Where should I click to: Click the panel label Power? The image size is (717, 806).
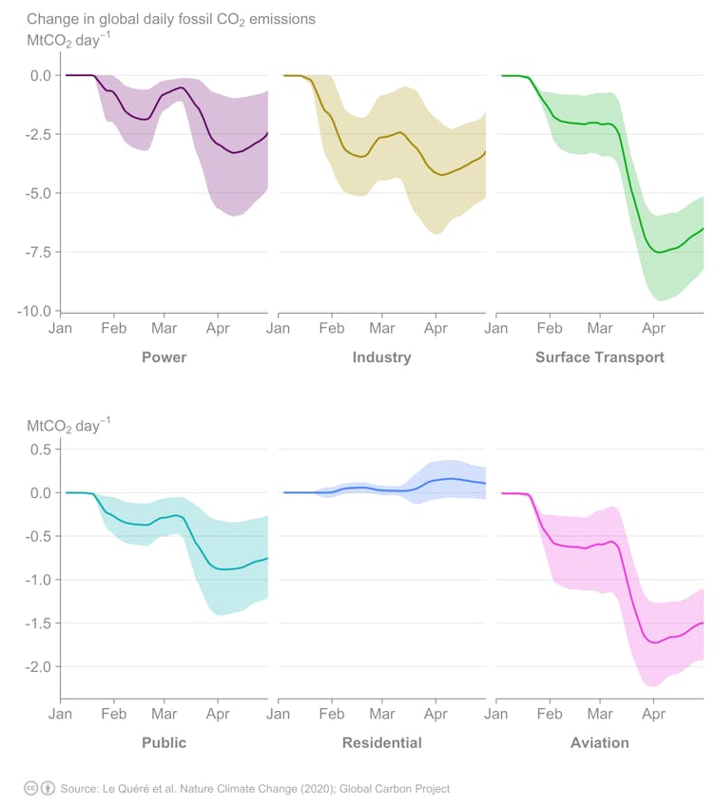click(x=164, y=357)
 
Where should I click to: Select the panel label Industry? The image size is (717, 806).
click(x=381, y=357)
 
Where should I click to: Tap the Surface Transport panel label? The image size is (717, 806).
click(x=599, y=357)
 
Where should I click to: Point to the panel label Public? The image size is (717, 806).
click(x=164, y=742)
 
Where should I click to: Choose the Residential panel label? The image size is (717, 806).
click(x=381, y=742)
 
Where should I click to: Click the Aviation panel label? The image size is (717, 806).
click(x=599, y=742)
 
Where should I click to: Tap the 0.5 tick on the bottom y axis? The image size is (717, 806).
click(x=40, y=450)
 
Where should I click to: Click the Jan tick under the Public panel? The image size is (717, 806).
click(x=61, y=714)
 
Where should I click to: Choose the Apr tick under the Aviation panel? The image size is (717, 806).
click(x=653, y=714)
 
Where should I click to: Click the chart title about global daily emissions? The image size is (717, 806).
click(x=171, y=19)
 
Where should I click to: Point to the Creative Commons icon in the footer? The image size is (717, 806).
click(x=30, y=788)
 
